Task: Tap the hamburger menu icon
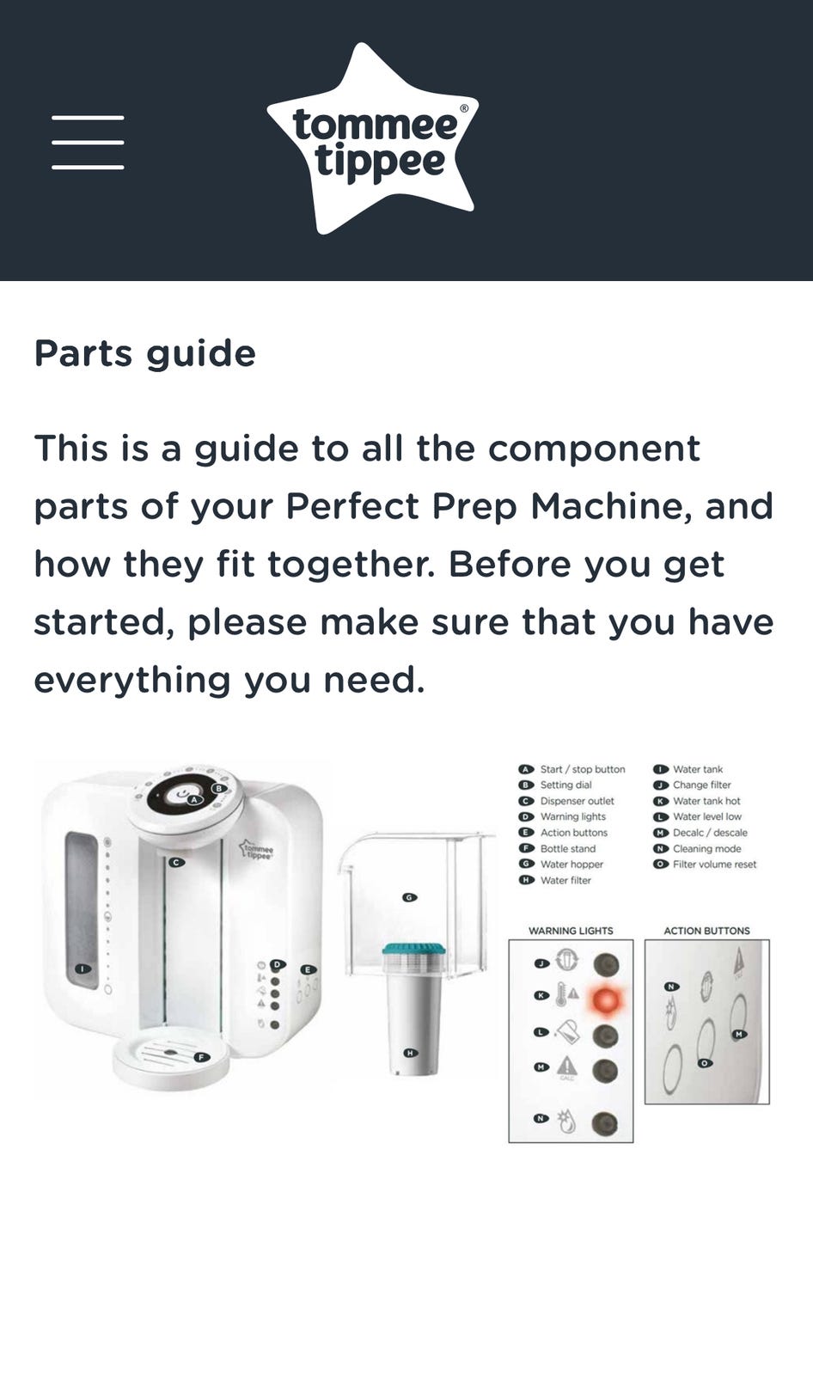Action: pyautogui.click(x=88, y=143)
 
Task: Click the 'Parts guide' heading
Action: pyautogui.click(x=145, y=354)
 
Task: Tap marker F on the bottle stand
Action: pyautogui.click(x=201, y=1057)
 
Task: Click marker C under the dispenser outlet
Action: pyautogui.click(x=176, y=863)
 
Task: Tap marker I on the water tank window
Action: pyautogui.click(x=83, y=969)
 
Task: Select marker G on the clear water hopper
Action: pyautogui.click(x=410, y=897)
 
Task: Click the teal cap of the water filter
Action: pyautogui.click(x=413, y=949)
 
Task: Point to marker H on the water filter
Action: pyautogui.click(x=411, y=1054)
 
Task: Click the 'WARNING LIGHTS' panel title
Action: pyautogui.click(x=571, y=931)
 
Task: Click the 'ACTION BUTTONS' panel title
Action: pyautogui.click(x=706, y=931)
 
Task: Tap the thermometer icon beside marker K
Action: pyautogui.click(x=560, y=994)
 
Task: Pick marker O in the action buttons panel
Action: pyautogui.click(x=705, y=1062)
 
